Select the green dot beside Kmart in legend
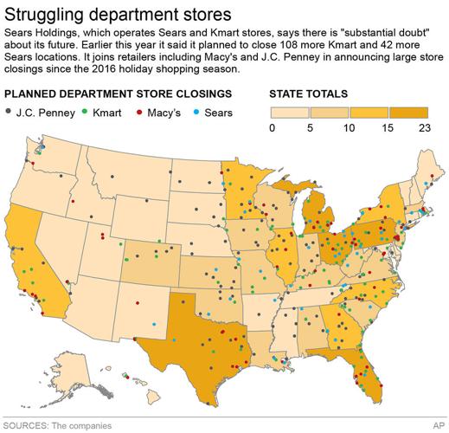pyautogui.click(x=82, y=111)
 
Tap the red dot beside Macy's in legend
pyautogui.click(x=140, y=111)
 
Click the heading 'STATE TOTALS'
pyautogui.click(x=310, y=92)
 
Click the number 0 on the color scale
pyautogui.click(x=273, y=128)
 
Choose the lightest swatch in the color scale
pyautogui.click(x=291, y=113)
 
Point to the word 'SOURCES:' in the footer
pyautogui.click(x=28, y=425)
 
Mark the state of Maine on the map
pyautogui.click(x=430, y=173)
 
